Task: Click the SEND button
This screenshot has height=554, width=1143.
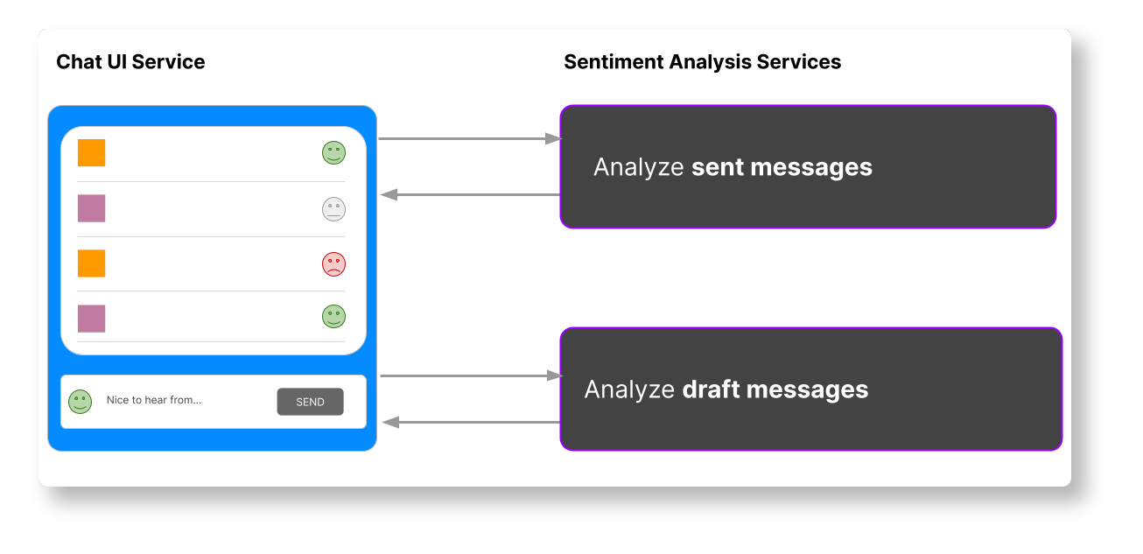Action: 310,402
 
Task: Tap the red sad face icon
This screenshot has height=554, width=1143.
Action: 333,263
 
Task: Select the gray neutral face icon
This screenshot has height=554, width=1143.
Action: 333,208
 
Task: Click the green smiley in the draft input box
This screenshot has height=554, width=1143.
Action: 81,401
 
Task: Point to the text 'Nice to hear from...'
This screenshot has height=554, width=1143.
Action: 154,400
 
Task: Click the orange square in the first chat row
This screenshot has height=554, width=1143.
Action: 91,152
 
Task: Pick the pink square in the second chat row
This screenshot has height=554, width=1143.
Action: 91,208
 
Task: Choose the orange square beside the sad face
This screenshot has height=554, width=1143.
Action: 91,263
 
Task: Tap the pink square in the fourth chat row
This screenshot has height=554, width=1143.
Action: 91,319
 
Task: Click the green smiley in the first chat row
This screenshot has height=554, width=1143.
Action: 333,152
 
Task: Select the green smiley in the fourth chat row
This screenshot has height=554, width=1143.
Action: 333,316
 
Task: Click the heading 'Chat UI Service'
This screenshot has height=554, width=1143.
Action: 130,62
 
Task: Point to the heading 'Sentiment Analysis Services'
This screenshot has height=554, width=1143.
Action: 702,62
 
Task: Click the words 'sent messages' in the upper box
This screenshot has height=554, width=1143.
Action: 782,167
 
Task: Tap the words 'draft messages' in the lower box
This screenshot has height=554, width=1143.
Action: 775,389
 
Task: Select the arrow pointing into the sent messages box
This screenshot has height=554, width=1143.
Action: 468,138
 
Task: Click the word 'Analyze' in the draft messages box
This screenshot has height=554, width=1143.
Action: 629,389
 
